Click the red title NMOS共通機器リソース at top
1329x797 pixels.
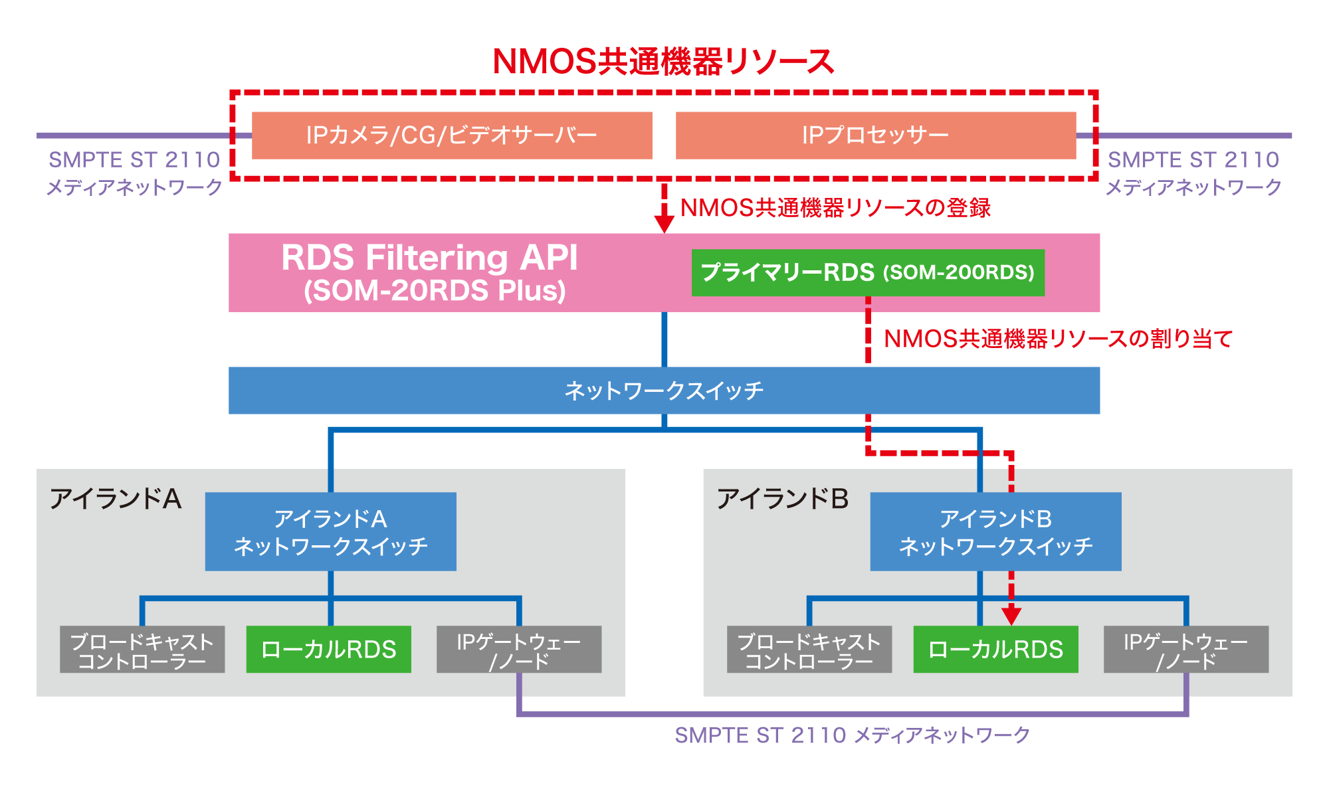click(x=663, y=61)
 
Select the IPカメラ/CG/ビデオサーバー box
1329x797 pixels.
click(x=452, y=135)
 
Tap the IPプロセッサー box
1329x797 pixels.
click(x=876, y=135)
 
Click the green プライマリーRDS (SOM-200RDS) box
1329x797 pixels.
click(x=868, y=272)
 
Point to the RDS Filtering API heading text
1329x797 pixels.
click(x=429, y=258)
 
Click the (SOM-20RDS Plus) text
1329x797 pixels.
click(x=435, y=291)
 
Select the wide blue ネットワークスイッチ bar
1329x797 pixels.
click(x=664, y=391)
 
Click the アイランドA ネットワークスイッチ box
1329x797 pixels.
click(x=330, y=531)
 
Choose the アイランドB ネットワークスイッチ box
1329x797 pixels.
click(x=995, y=531)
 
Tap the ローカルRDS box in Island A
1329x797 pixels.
click(x=328, y=650)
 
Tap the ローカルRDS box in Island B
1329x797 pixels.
click(x=995, y=650)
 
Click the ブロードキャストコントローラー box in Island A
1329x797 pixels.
click(x=142, y=650)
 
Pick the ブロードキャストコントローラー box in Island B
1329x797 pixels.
click(x=809, y=650)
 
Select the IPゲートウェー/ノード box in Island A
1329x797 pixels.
click(x=519, y=650)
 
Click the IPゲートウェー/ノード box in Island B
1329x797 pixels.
click(x=1186, y=650)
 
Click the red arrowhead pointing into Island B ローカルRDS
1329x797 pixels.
click(x=1011, y=616)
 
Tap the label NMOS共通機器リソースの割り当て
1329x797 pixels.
click(x=1058, y=339)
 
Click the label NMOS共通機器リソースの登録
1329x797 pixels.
click(x=835, y=208)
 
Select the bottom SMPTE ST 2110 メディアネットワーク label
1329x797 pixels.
click(x=852, y=735)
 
